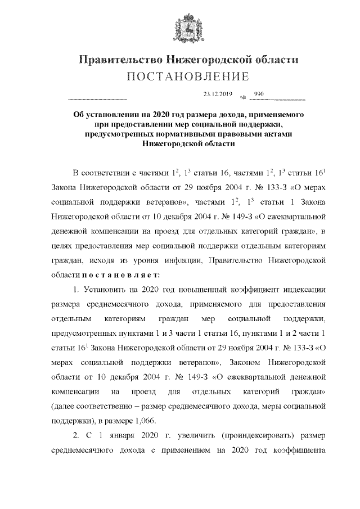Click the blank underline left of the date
(97, 99)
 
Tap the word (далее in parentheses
(64, 406)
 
